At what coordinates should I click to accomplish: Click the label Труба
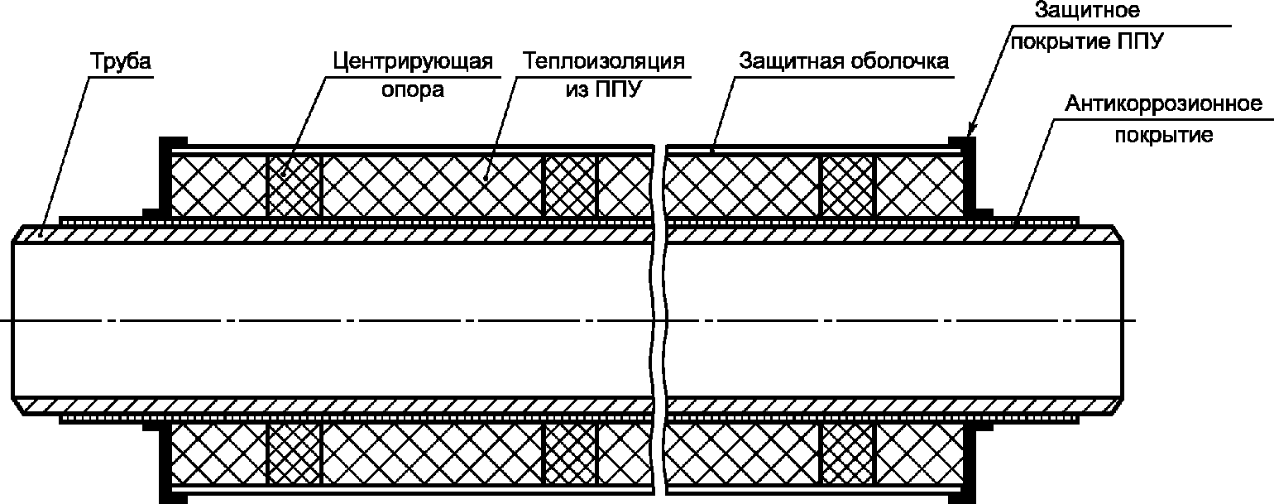pos(121,60)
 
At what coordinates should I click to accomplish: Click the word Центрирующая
pos(413,61)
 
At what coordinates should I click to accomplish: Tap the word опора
pos(413,90)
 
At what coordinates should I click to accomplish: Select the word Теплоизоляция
pos(604,60)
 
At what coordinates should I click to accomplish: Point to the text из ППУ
pos(604,89)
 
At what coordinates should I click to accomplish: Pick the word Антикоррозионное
pos(1164,103)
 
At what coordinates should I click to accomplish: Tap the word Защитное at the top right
pos(1087,10)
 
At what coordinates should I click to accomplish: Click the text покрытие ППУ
pos(1087,41)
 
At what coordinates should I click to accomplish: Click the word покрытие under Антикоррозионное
pos(1164,136)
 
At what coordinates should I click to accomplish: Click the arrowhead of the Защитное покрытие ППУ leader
pos(971,129)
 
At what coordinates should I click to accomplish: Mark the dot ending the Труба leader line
pos(41,233)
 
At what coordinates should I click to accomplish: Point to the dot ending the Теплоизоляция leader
pos(486,178)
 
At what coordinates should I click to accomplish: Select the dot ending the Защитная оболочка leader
pos(712,151)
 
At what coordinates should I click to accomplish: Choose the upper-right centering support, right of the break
pos(847,186)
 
